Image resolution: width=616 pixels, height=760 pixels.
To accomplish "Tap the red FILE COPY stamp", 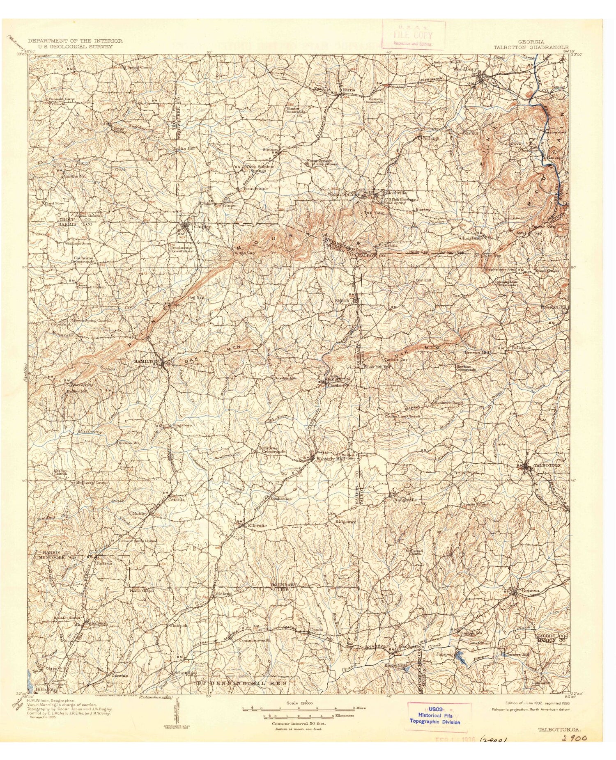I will pos(413,35).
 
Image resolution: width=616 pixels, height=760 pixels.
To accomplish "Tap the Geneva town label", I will pos(529,591).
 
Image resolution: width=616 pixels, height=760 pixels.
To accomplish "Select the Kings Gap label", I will pos(244,253).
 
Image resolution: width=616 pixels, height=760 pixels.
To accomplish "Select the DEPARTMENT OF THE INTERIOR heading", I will pos(75,41).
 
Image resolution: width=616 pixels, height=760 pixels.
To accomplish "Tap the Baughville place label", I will pos(406,500).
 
